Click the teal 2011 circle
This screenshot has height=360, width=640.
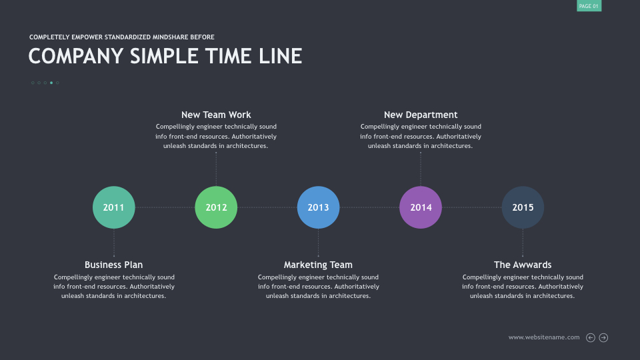(114, 207)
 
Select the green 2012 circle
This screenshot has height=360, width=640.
(216, 207)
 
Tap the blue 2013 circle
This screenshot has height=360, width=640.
(319, 207)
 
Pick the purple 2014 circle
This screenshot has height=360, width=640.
(421, 207)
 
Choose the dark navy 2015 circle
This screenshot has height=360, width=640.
(523, 207)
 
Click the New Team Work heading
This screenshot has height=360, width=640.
(216, 115)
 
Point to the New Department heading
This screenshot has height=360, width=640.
(421, 115)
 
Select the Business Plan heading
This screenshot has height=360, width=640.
(114, 265)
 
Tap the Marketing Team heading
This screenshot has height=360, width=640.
(319, 265)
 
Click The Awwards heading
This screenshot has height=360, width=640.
(523, 265)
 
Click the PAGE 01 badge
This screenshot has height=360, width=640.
(589, 6)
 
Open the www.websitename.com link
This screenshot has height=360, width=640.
(544, 337)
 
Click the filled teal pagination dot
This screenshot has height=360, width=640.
(51, 83)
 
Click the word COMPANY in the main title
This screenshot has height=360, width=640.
(76, 56)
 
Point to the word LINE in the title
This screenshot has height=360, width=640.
(281, 56)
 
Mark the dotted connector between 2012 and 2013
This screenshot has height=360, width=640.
(267, 207)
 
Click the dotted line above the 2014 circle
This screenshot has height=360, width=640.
(421, 169)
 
